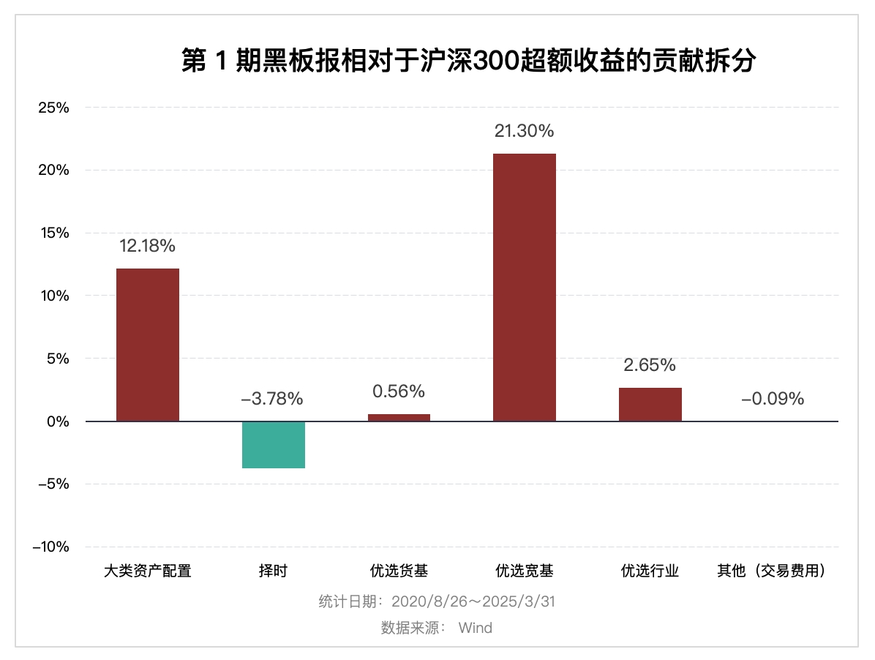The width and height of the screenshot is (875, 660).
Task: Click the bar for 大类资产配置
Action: point(148,345)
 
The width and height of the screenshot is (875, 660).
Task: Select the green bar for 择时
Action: point(274,444)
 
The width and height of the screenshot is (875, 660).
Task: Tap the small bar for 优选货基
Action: point(399,417)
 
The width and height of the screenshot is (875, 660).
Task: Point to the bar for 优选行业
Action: point(650,404)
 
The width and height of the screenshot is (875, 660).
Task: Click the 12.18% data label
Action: point(148,246)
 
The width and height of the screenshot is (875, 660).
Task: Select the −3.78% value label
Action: point(272,399)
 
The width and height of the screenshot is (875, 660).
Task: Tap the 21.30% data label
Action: point(524,131)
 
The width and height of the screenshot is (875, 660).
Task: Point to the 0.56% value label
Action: point(399,391)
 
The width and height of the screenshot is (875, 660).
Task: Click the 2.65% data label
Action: point(650,364)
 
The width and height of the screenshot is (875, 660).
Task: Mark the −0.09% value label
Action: point(773,399)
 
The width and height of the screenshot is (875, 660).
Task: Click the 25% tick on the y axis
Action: point(53,108)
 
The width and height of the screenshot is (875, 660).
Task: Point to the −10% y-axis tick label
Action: point(50,547)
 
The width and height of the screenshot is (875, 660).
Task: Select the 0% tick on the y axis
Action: point(57,421)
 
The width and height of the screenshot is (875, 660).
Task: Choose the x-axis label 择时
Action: point(273,571)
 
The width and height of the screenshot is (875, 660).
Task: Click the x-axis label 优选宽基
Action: point(525,571)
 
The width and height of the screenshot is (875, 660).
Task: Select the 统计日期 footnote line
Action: point(437,601)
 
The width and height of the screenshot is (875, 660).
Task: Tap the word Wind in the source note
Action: point(476,628)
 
